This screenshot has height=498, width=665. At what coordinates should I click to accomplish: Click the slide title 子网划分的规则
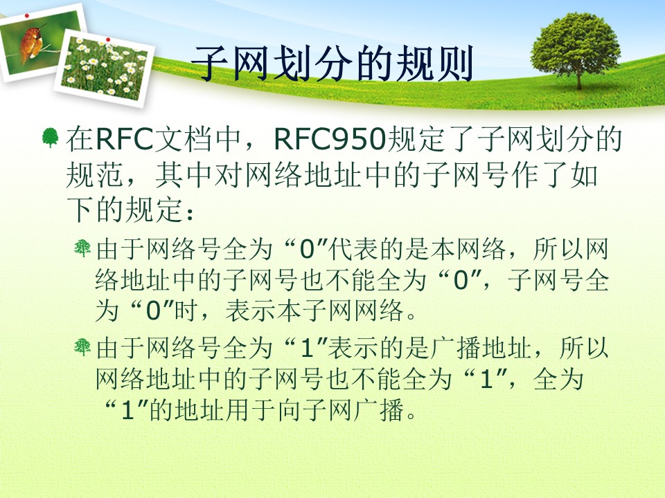pyautogui.click(x=332, y=64)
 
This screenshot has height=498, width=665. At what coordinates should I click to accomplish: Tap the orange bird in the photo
pyautogui.click(x=31, y=43)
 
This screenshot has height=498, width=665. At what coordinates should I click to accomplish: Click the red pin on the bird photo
pyautogui.click(x=27, y=15)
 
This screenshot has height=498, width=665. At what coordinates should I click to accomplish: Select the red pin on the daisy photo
pyautogui.click(x=108, y=39)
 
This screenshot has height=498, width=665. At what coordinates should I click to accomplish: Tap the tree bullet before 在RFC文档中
pyautogui.click(x=50, y=138)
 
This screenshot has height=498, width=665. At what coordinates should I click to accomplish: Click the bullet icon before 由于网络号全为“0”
pyautogui.click(x=82, y=248)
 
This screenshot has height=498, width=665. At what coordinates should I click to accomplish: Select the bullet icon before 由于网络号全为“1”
pyautogui.click(x=82, y=347)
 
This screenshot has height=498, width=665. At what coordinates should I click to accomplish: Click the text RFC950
pyautogui.click(x=330, y=138)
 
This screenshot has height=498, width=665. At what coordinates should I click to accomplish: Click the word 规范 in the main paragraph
pyautogui.click(x=94, y=174)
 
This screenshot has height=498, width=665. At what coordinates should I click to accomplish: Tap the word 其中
pyautogui.click(x=184, y=174)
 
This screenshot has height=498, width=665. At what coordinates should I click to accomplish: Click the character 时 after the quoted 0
pyautogui.click(x=186, y=311)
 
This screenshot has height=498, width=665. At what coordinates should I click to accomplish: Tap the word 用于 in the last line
pyautogui.click(x=250, y=410)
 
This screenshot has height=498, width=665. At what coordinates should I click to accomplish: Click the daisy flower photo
pyautogui.click(x=103, y=68)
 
